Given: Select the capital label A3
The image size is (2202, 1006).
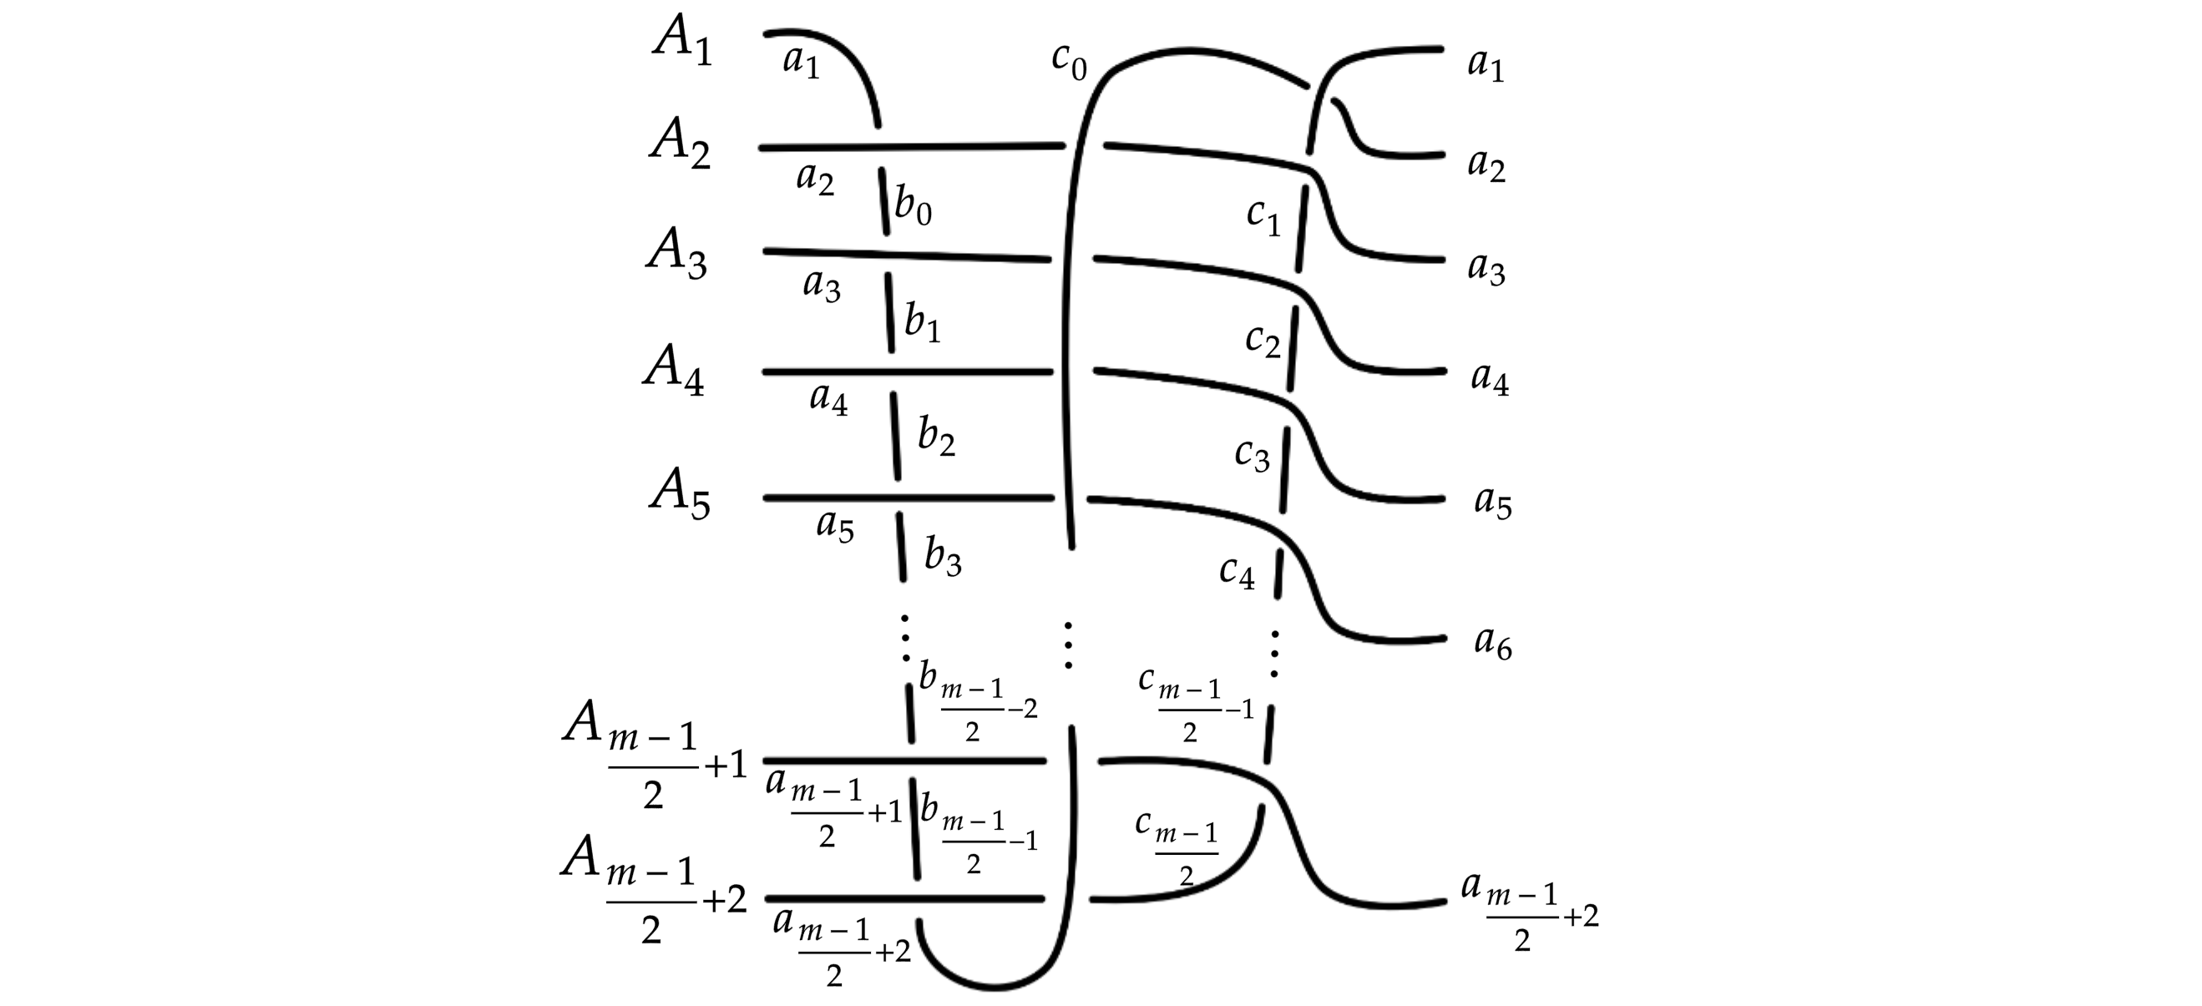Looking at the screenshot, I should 677,253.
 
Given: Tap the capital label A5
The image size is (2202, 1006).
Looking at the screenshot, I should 680,494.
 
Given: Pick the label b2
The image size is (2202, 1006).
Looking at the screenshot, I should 936,436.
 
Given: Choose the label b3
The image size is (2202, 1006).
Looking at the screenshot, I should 943,558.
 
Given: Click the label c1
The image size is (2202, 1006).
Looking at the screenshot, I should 1263,216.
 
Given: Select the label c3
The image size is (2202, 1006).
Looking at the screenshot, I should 1253,457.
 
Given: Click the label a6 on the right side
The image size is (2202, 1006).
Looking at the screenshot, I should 1492,643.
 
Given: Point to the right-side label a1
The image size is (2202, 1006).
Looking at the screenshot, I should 1486,65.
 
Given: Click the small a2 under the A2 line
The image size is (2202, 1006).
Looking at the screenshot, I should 815,179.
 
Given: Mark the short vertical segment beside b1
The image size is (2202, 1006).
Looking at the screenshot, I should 890,313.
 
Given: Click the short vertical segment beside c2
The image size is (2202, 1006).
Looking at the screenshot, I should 1293,349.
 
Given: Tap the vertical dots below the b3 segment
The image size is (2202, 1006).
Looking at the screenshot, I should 905,638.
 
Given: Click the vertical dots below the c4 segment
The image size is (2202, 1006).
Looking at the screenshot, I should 1274,654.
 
